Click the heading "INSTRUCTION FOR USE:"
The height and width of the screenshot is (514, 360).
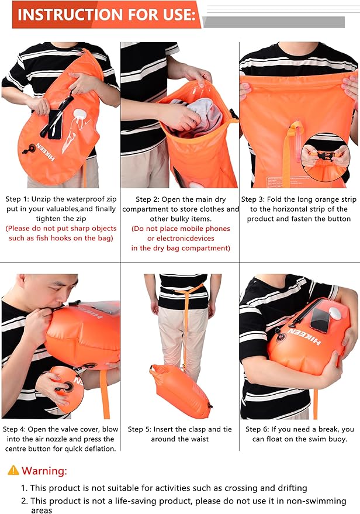coord(105,15)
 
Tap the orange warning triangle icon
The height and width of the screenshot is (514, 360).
coord(13,470)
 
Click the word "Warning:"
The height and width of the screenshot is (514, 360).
coord(44,470)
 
